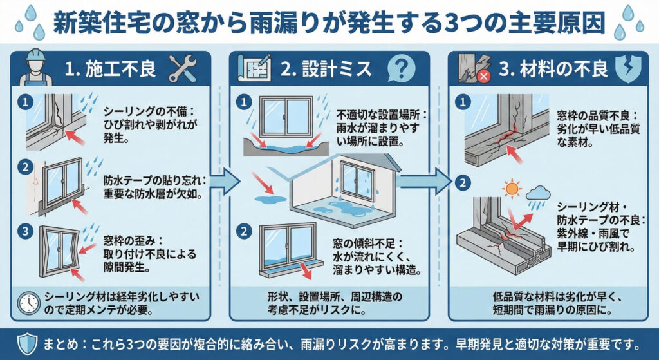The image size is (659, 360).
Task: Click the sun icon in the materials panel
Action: [x=512, y=190]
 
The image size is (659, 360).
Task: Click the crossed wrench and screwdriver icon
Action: [x=183, y=68]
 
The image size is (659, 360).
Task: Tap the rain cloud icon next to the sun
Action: [x=537, y=194]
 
